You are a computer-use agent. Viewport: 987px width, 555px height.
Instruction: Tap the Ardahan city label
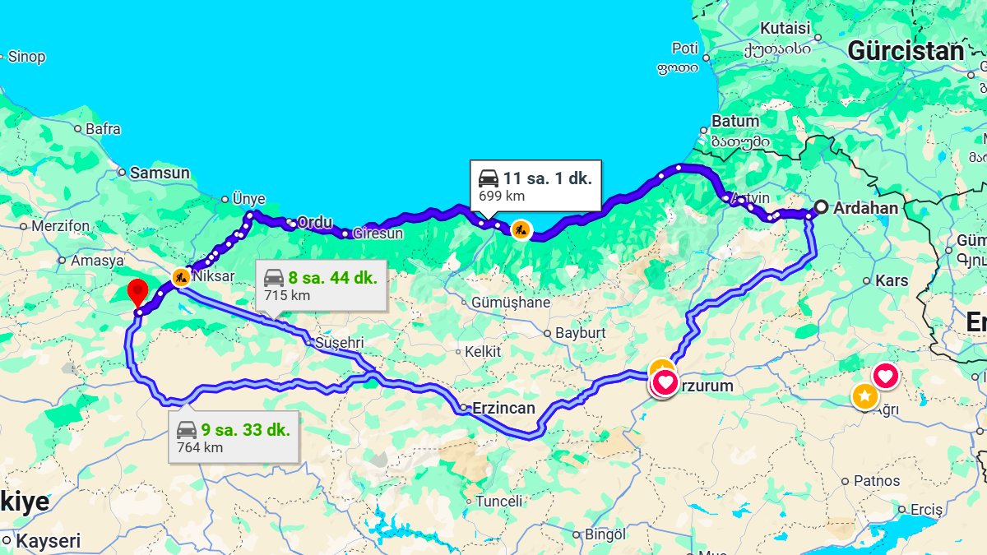(865, 208)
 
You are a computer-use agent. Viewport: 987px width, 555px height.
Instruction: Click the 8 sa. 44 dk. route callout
(321, 285)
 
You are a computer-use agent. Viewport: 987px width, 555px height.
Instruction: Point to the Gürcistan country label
(905, 51)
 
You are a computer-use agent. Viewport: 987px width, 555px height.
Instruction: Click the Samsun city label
(160, 173)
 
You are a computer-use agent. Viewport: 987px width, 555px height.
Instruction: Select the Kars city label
(892, 280)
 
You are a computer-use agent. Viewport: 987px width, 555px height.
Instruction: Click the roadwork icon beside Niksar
(181, 277)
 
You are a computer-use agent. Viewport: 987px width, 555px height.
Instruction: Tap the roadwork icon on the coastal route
(520, 229)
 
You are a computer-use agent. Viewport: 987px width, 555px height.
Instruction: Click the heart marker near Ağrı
(885, 377)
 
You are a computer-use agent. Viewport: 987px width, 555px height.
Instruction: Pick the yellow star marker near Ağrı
(864, 396)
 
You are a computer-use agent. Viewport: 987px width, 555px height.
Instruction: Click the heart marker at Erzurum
(665, 383)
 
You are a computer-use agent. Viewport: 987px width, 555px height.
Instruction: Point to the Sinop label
(26, 57)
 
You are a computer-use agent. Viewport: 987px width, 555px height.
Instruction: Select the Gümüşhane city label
(510, 303)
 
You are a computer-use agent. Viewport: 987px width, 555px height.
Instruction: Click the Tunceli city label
(498, 501)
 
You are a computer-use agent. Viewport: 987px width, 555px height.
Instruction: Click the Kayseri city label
(49, 541)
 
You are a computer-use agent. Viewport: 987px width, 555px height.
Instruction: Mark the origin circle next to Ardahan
(820, 207)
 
